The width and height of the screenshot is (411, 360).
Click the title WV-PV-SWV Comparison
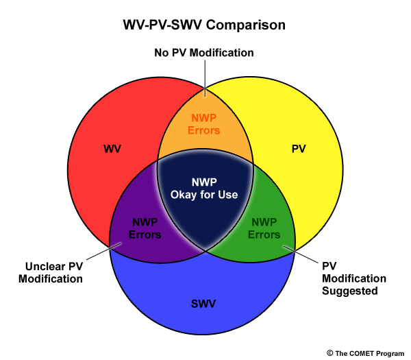pos(204,25)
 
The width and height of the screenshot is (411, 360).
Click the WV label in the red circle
pos(112,149)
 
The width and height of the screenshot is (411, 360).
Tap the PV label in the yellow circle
pos(299,149)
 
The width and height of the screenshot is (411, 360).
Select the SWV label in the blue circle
pos(203,304)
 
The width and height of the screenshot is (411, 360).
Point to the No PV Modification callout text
pos(204,53)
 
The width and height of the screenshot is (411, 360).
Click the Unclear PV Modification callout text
pos(51,273)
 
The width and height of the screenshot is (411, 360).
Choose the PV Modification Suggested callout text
pos(354,278)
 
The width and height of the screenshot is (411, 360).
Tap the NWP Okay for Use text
pos(204,189)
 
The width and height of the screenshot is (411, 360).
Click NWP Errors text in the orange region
pos(204,124)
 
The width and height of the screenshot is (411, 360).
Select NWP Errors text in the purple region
pos(145,228)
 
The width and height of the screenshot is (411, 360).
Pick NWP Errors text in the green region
pos(264,228)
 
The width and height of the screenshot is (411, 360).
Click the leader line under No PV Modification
pos(205,78)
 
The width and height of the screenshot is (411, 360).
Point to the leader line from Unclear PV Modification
pos(104,251)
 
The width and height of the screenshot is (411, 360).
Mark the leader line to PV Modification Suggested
pos(301,254)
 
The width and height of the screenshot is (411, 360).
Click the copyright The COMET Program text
pos(365,353)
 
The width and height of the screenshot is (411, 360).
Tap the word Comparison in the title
pos(246,25)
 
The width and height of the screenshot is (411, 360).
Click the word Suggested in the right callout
pos(349,291)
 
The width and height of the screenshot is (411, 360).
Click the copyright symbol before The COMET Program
pos(329,353)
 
